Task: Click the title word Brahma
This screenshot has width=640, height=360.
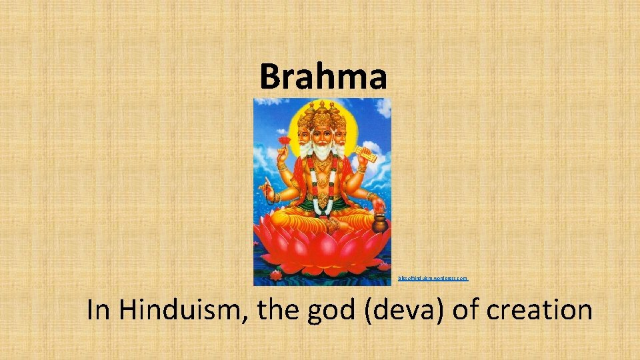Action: [323, 76]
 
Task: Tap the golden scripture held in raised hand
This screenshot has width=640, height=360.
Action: [365, 154]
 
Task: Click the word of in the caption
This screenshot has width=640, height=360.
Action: [467, 311]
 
